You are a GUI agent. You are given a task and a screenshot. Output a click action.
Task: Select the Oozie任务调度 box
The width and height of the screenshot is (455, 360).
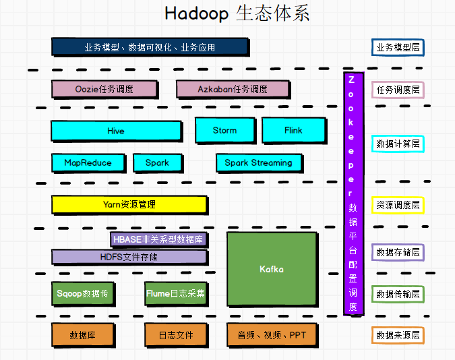[104, 89]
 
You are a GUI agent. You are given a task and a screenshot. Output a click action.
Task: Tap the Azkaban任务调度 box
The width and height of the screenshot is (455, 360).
[233, 89]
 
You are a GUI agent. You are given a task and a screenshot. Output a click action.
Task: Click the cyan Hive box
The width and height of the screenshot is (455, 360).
[116, 131]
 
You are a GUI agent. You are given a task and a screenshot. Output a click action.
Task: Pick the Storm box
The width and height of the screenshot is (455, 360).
[225, 130]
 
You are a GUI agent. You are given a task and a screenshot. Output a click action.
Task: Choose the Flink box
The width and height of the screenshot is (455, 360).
[293, 130]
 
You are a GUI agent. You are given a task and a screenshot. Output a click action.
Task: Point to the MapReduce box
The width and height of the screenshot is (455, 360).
[88, 162]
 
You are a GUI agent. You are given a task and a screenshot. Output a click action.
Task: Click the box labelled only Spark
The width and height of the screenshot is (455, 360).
[157, 162]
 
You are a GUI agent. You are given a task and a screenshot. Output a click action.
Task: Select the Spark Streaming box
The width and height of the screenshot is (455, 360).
[259, 162]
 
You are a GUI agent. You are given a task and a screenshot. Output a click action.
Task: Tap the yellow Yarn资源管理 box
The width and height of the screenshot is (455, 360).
[129, 204]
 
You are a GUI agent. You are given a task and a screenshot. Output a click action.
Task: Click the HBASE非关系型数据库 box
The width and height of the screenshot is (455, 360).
[159, 239]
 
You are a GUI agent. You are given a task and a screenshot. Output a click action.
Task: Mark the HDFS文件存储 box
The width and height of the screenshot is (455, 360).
[129, 256]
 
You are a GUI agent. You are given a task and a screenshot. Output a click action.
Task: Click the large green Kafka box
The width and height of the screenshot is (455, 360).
[272, 269]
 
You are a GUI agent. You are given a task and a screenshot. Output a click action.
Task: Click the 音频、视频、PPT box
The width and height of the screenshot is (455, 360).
[272, 335]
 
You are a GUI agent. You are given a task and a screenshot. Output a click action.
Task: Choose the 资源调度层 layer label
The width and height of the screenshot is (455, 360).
[398, 205]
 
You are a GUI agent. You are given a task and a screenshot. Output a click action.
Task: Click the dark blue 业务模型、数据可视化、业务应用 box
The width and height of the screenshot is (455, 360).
[150, 47]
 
